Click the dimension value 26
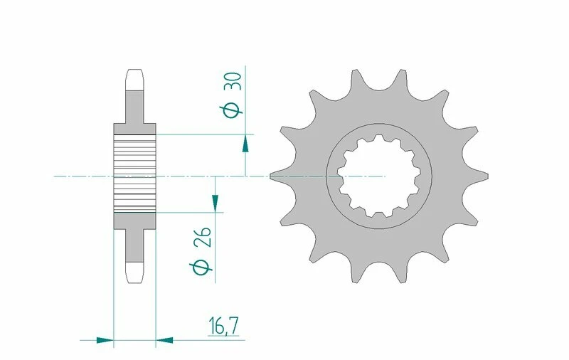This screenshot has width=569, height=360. coord(202,239)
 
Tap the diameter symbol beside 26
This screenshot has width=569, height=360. coord(201,268)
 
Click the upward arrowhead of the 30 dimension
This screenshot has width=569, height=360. coord(245,143)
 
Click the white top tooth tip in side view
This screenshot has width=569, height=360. coord(134,78)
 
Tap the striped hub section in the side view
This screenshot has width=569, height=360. coord(134,174)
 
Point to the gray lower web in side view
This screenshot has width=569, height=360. coord(134,245)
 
